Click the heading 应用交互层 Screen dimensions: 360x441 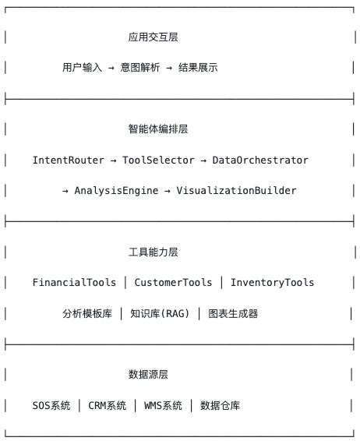pyautogui.click(x=153, y=37)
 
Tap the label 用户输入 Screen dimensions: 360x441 pyautogui.click(x=82, y=68)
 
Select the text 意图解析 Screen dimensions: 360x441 pyautogui.click(x=140, y=68)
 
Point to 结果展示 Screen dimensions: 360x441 pyautogui.click(x=198, y=68)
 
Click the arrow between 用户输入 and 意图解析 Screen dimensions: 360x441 pyautogui.click(x=111, y=68)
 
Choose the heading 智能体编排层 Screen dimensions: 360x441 pyautogui.click(x=158, y=129)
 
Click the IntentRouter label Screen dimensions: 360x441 pyautogui.click(x=69, y=160)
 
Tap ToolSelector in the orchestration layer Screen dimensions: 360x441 pyautogui.click(x=158, y=160)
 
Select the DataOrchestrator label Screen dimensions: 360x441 pyautogui.click(x=260, y=160)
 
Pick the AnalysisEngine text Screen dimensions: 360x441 pyautogui.click(x=116, y=191)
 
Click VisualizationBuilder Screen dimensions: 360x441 pyautogui.click(x=236, y=191)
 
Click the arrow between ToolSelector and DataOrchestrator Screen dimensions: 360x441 pyautogui.click(x=203, y=161)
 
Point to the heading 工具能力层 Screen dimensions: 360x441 pyautogui.click(x=153, y=252)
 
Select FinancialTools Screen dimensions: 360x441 pyautogui.click(x=74, y=282)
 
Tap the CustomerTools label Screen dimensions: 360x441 pyautogui.click(x=173, y=282)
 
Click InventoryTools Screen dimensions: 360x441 pyautogui.click(x=272, y=282)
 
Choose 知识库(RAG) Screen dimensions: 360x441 pyautogui.click(x=160, y=313)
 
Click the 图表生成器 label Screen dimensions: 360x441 pyautogui.click(x=233, y=313)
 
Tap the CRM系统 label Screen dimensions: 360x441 pyautogui.click(x=108, y=406)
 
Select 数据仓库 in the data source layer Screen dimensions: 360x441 pyautogui.click(x=221, y=406)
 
